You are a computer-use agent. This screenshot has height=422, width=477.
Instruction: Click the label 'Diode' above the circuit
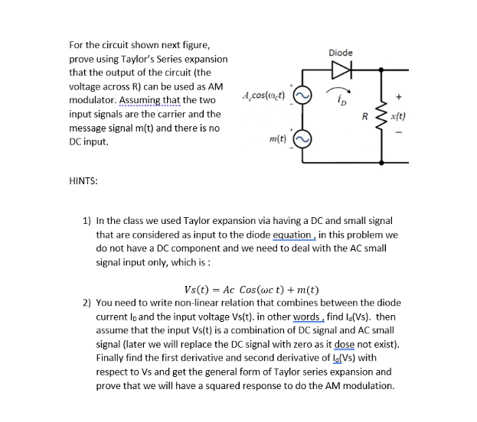[x=341, y=52]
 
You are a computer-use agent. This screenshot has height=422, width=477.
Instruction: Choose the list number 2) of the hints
[x=87, y=303]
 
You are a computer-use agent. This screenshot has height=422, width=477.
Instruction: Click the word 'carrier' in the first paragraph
[x=175, y=114]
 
